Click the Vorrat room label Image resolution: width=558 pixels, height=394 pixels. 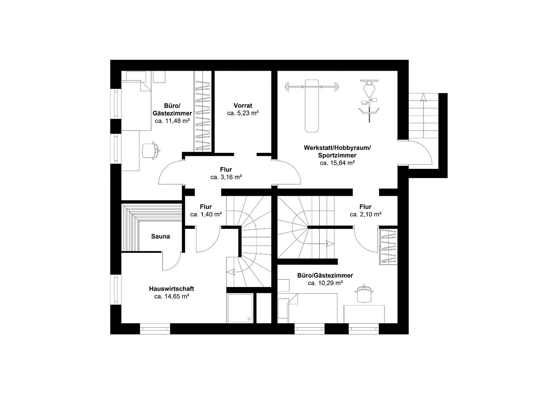point(243,105)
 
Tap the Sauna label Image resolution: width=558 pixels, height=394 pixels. point(160,236)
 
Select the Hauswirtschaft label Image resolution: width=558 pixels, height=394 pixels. point(172,289)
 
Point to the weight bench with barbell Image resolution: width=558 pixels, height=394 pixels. point(312,105)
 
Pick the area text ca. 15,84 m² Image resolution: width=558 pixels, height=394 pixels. point(337,163)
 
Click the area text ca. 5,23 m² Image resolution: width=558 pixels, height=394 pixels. point(243,113)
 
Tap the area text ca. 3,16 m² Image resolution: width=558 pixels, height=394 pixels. point(226,177)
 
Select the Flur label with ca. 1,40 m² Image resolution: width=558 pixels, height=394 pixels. point(206,207)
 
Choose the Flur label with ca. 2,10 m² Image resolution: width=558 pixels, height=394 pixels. point(365,207)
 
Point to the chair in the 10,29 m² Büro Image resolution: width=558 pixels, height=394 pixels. point(365,293)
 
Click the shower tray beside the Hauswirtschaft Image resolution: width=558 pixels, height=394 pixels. point(240,308)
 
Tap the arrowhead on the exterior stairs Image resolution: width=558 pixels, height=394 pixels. point(423,97)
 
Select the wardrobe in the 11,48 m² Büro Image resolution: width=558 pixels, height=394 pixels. point(202,111)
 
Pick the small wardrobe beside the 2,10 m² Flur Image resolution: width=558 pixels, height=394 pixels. point(388,246)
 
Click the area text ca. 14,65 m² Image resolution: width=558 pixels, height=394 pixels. point(172,297)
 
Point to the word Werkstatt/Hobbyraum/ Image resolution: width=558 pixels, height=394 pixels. point(337,148)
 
